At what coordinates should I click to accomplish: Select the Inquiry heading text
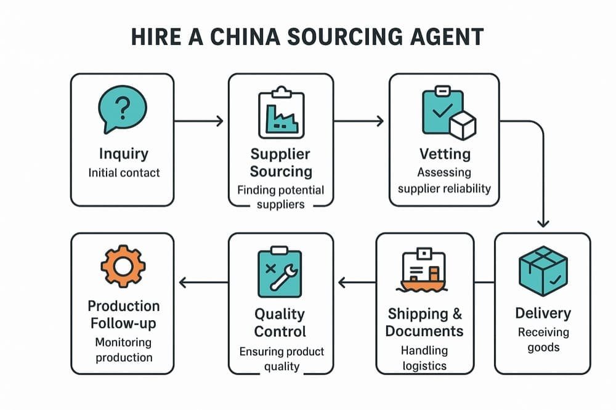(123, 153)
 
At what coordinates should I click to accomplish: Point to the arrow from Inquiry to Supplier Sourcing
(198, 121)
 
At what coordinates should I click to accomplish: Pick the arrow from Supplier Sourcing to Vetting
(359, 121)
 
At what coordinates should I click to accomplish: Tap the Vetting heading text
(445, 153)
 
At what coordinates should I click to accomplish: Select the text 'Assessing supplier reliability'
(445, 180)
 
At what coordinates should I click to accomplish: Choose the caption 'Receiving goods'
(543, 339)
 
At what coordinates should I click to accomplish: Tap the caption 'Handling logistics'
(424, 358)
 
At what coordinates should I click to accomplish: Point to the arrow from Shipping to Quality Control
(357, 283)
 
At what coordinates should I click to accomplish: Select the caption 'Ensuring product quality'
(281, 359)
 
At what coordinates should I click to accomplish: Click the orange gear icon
(123, 266)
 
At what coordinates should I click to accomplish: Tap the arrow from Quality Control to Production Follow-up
(203, 283)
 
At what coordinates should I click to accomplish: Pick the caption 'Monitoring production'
(123, 350)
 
